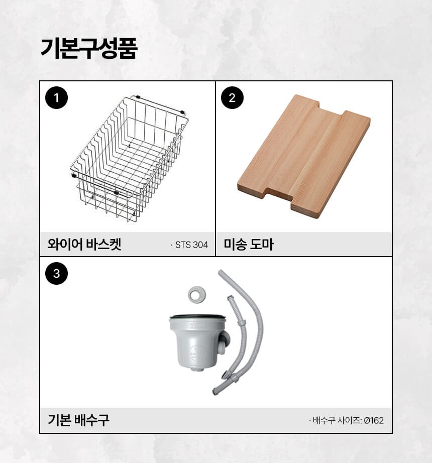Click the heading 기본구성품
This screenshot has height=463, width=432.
[x=88, y=49]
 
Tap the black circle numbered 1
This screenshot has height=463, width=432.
[x=56, y=98]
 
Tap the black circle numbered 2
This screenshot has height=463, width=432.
[x=233, y=98]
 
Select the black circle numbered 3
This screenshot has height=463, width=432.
[x=56, y=273]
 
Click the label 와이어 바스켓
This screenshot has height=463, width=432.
[x=84, y=244]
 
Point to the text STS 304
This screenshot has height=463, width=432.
[x=192, y=245]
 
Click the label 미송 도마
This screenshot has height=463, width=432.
[x=249, y=244]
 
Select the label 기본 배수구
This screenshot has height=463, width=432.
[x=78, y=420]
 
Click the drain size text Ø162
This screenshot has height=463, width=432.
[x=374, y=420]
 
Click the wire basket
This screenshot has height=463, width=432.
[x=130, y=158]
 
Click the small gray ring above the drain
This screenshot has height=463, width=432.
[x=197, y=294]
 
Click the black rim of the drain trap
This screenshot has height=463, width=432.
[x=197, y=316]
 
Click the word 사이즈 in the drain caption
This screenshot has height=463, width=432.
[x=350, y=420]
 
